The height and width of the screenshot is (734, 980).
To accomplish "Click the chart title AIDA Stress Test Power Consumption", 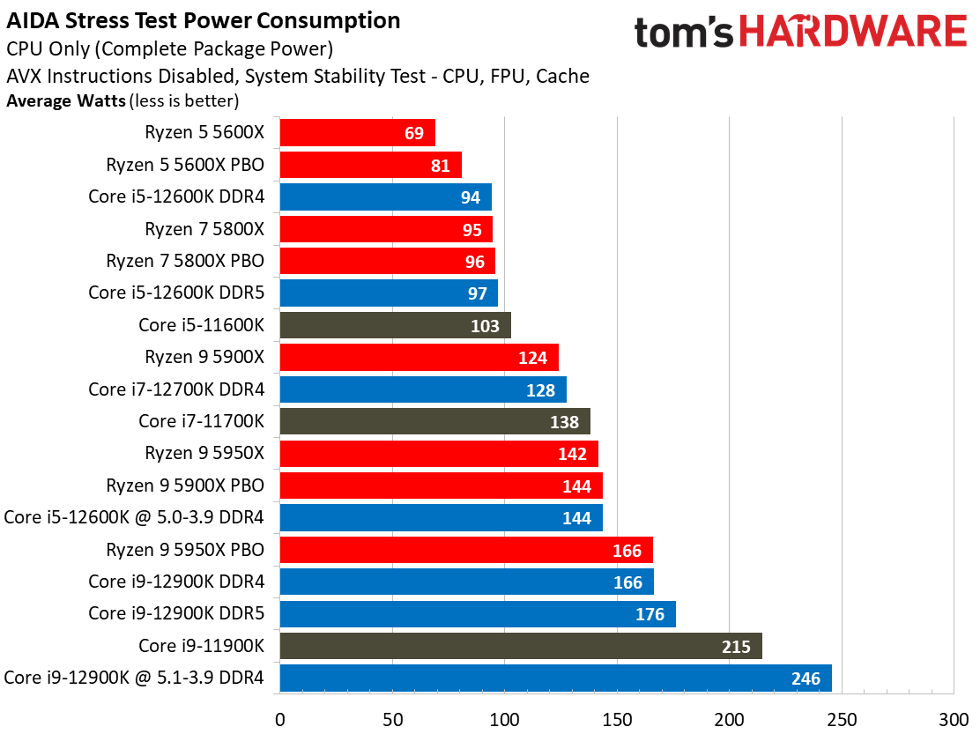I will pos(204,20).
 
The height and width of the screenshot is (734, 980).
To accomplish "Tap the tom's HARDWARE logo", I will pos(800,33).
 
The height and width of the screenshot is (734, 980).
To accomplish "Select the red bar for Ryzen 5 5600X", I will pos(357,133).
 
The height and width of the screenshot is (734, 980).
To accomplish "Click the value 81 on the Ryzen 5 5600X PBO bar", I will pos(441,166).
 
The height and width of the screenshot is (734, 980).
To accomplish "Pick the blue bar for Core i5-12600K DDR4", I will pos(385,197).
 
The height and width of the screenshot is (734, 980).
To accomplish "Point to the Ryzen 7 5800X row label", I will pos(204,229).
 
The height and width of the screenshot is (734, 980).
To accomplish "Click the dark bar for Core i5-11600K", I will pos(395,325).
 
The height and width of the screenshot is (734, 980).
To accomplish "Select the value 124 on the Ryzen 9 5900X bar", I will pos(532,358).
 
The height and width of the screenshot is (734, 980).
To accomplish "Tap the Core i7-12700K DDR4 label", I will pos(176,389).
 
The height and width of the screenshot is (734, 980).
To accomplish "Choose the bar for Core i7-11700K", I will pos(434,421).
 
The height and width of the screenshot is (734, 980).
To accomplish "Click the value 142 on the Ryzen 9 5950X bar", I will pos(572,454).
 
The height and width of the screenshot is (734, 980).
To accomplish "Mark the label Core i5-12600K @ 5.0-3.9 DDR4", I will pos(134,516).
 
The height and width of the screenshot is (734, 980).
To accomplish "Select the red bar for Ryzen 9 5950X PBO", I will pos(465,550).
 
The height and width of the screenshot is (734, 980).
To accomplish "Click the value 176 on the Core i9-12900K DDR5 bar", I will pos(650,614).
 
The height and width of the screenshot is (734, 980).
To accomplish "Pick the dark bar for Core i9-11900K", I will pos(520,646).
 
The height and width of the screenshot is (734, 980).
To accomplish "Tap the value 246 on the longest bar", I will pos(806,678).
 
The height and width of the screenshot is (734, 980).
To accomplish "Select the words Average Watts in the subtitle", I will pos(66,101).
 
